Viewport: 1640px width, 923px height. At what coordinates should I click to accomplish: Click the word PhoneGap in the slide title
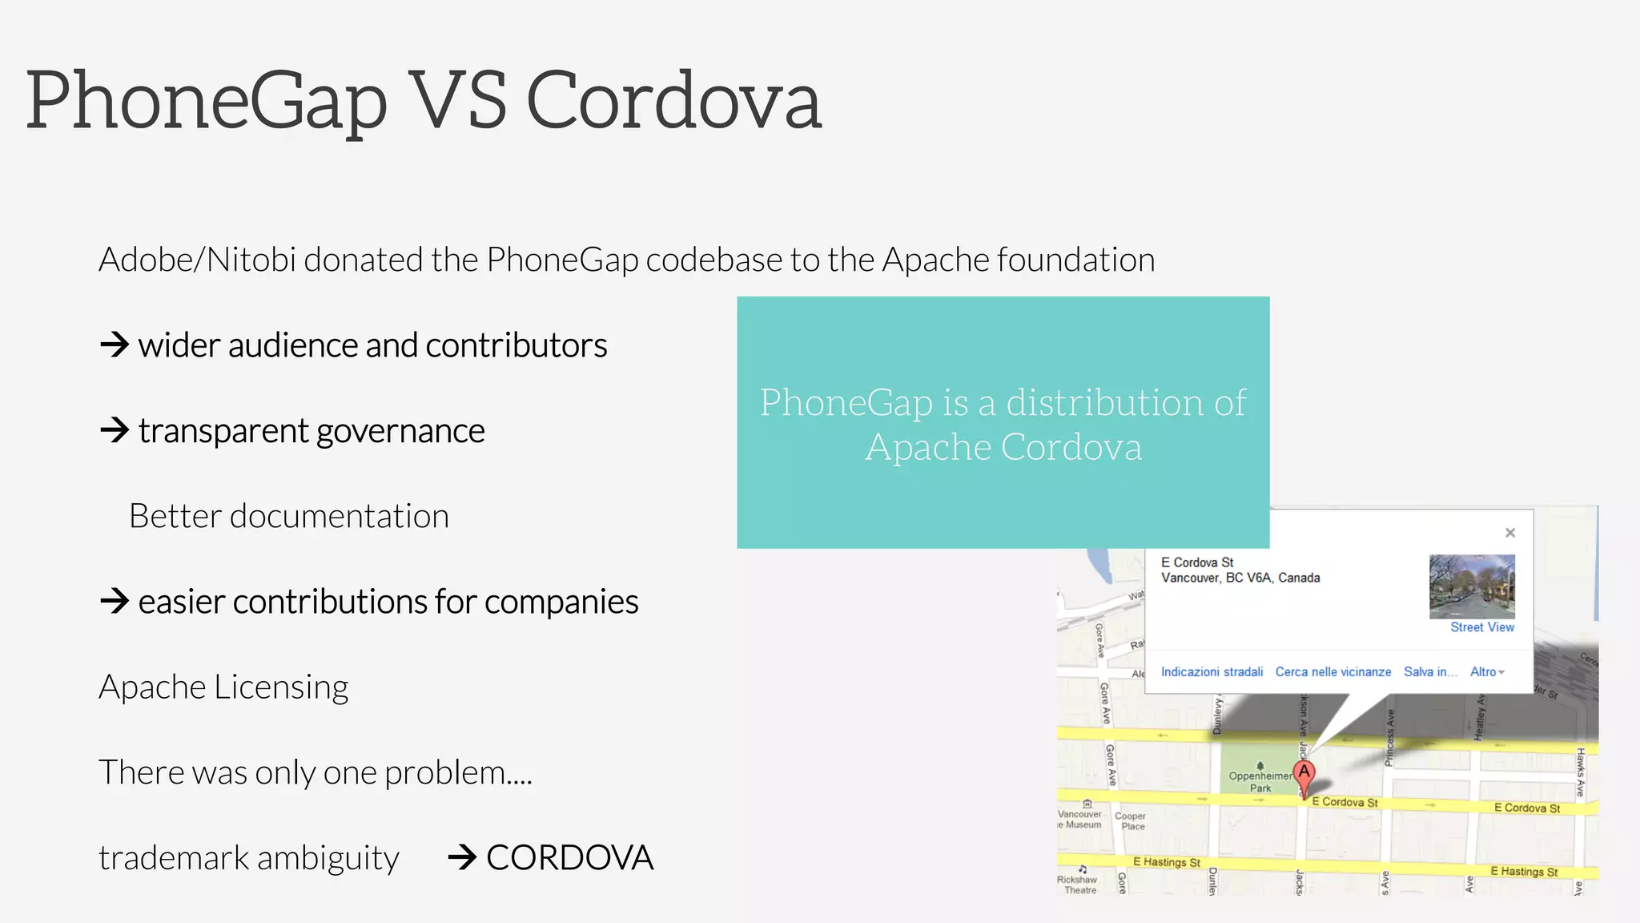coord(207,102)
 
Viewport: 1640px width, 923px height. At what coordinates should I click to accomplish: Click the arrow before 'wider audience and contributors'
coord(115,345)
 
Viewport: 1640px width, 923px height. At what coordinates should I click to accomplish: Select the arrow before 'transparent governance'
coord(115,430)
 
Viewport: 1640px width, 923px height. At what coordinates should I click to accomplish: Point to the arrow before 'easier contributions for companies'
coord(115,601)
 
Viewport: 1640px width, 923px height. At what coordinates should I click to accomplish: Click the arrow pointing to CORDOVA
coord(463,857)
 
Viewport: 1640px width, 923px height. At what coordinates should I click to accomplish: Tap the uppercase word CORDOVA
coord(569,857)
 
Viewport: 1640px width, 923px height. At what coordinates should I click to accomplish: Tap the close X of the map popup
coord(1510,533)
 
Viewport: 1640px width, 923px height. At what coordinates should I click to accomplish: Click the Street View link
coord(1481,627)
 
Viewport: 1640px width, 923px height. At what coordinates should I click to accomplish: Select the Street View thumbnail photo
coord(1472,586)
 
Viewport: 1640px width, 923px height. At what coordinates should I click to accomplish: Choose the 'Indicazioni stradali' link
coord(1212,672)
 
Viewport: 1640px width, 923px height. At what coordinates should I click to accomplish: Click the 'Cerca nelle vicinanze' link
coord(1333,672)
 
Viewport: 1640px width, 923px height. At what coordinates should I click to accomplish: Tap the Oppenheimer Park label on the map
coord(1260,781)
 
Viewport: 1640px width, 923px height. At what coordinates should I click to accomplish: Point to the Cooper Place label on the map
coord(1131,821)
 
